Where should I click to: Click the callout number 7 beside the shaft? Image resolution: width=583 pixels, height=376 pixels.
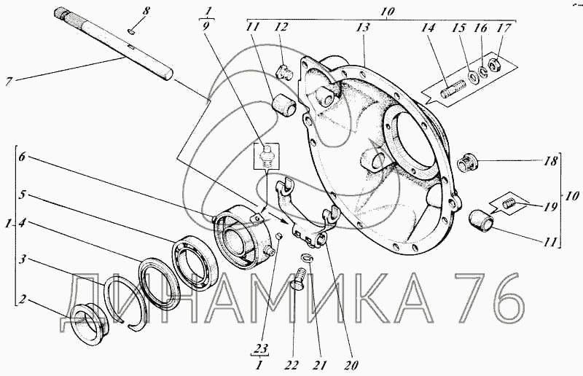(x=8, y=81)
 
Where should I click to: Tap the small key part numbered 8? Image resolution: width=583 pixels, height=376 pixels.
(x=130, y=32)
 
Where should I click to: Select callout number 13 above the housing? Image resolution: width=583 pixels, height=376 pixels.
(x=363, y=27)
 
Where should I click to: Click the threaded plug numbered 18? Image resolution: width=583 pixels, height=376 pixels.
(x=466, y=163)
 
